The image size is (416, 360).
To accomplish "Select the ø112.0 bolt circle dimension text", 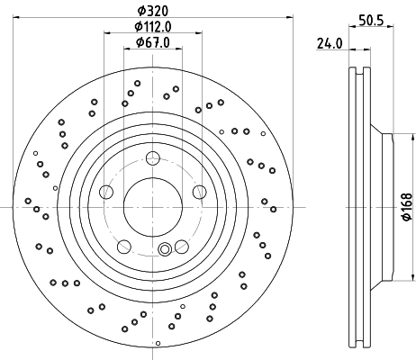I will coord(151,26).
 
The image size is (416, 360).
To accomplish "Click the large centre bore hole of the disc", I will coord(151,207).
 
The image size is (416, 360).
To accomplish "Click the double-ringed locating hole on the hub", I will coord(165,251).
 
